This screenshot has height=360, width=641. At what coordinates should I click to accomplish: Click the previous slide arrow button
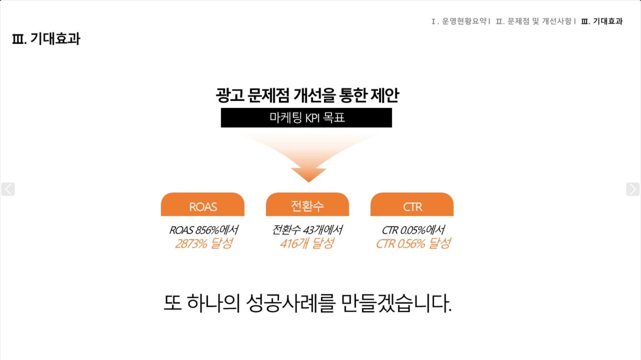click(8, 189)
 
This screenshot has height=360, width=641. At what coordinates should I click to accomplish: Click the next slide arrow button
click(633, 189)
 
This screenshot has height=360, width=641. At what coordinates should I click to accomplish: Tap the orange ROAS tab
click(203, 204)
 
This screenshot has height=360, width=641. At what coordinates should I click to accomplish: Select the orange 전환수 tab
click(307, 204)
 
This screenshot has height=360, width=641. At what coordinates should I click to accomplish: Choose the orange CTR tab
click(412, 204)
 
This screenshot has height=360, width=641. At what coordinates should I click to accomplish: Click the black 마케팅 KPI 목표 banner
click(306, 118)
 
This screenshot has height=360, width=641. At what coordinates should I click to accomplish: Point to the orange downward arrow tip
click(308, 182)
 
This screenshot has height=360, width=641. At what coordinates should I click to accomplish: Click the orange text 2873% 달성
click(204, 244)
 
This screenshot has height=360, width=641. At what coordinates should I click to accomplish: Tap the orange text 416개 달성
click(307, 244)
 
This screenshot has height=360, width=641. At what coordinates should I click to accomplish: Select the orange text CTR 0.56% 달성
click(413, 244)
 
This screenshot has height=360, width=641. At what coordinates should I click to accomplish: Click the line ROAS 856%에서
click(204, 230)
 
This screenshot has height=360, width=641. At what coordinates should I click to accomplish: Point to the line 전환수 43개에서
click(307, 230)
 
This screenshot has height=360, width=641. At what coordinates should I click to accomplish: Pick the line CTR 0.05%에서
click(413, 230)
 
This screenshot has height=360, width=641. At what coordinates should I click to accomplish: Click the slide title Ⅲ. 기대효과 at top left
click(46, 39)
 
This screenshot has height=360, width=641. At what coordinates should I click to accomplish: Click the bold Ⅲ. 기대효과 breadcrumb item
click(602, 21)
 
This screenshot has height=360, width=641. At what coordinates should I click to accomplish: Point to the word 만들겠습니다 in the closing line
click(396, 303)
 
